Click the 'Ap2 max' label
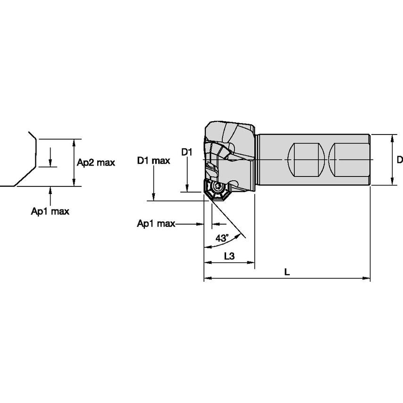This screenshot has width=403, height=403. pyautogui.click(x=96, y=162)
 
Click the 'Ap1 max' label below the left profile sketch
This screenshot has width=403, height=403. pyautogui.click(x=50, y=211)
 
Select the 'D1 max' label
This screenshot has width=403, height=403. pyautogui.click(x=154, y=161)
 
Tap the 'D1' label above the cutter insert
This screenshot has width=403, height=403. pyautogui.click(x=187, y=152)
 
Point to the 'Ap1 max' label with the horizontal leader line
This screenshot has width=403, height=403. pyautogui.click(x=156, y=224)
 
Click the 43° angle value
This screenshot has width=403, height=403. pyautogui.click(x=222, y=238)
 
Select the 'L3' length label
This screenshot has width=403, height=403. pyautogui.click(x=229, y=256)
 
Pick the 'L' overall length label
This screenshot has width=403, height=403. pyautogui.click(x=287, y=272)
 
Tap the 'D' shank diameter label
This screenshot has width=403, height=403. pyautogui.click(x=399, y=160)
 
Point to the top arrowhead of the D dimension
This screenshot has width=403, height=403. pyautogui.click(x=392, y=137)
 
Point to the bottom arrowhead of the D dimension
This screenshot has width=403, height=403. pyautogui.click(x=392, y=183)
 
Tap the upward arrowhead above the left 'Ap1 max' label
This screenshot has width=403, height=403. pyautogui.click(x=50, y=190)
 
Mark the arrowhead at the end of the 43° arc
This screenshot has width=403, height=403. pyautogui.click(x=206, y=246)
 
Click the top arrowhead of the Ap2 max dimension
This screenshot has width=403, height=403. pyautogui.click(x=74, y=142)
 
